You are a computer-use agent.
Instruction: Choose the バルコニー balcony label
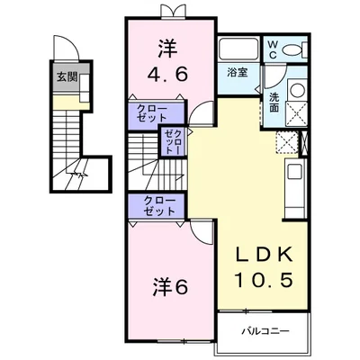(x=265, y=332)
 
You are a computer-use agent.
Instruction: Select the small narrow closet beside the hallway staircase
(x=172, y=142)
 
